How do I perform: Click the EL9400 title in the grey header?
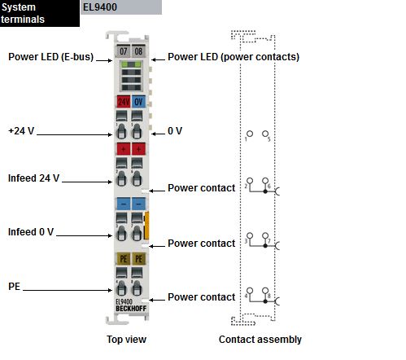(x=100, y=7)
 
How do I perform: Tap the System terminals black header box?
(x=40, y=13)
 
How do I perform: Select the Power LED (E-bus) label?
(x=51, y=57)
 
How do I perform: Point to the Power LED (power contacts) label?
(x=234, y=57)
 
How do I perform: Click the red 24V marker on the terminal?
(x=124, y=102)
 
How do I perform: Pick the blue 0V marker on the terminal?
(x=138, y=102)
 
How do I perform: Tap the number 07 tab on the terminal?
(x=124, y=50)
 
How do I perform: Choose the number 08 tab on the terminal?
(x=138, y=50)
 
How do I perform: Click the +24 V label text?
(x=21, y=131)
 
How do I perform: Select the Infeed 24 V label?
(x=33, y=178)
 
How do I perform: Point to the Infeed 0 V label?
(x=31, y=232)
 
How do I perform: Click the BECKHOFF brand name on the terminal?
(x=131, y=309)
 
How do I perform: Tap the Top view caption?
(x=126, y=340)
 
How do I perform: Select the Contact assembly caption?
(x=260, y=340)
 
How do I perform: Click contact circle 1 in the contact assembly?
(x=250, y=134)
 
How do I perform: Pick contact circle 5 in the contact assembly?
(x=265, y=134)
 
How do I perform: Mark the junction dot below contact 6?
(x=265, y=191)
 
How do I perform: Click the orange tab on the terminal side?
(x=146, y=226)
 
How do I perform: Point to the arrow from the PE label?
(x=68, y=290)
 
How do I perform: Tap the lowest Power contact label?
(x=202, y=297)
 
